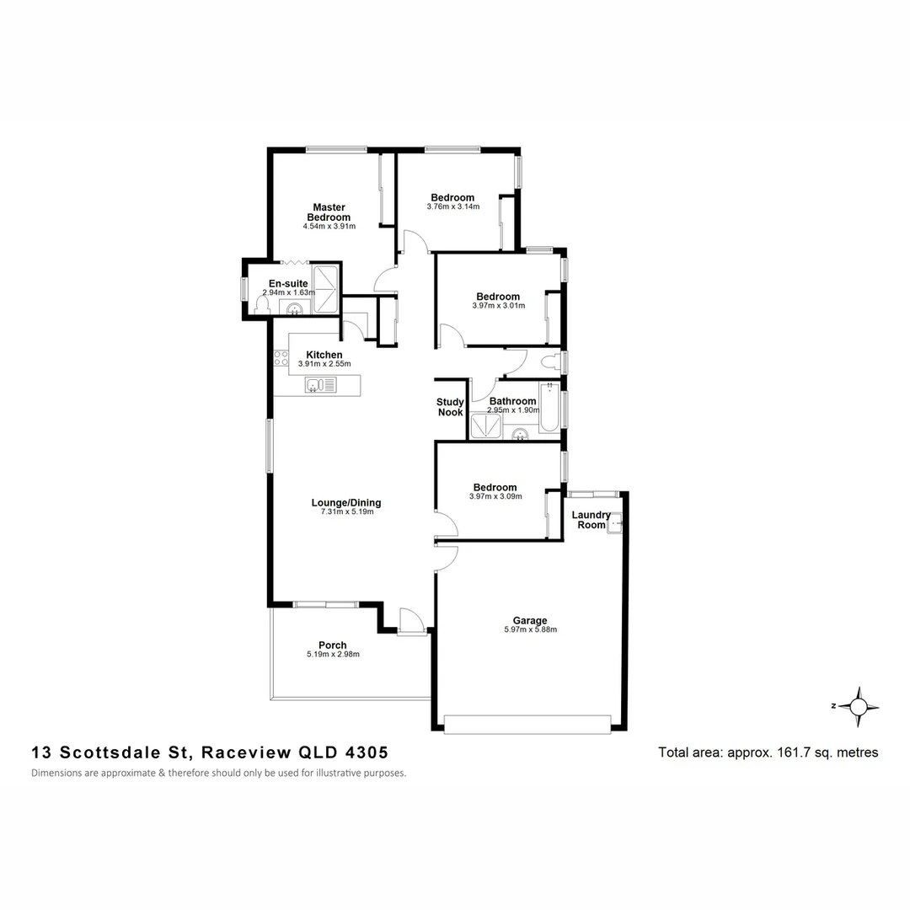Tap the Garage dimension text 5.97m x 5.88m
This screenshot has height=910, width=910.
click(531, 629)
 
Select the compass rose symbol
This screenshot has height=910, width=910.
click(859, 706)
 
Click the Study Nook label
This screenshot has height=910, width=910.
click(451, 407)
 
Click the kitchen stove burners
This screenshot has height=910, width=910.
click(281, 357)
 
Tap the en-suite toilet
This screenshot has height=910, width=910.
click(262, 305)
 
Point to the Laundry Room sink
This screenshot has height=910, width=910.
click(617, 522)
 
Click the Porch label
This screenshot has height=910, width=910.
click(333, 645)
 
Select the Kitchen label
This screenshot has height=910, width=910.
click(324, 355)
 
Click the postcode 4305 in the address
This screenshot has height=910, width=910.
click(365, 752)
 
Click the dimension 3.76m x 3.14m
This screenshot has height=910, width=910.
click(453, 206)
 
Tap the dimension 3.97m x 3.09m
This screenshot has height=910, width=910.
click(495, 496)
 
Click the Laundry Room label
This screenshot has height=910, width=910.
click(591, 520)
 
